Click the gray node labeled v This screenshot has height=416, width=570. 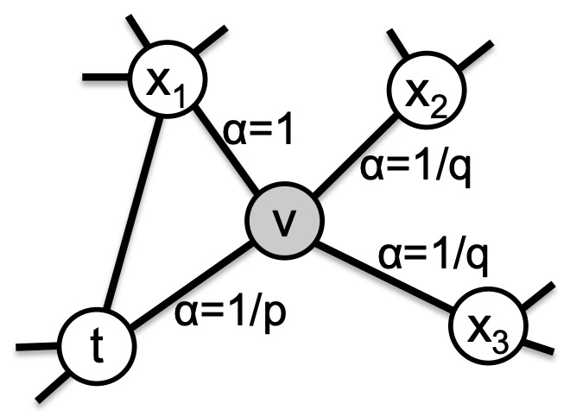(285, 223)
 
